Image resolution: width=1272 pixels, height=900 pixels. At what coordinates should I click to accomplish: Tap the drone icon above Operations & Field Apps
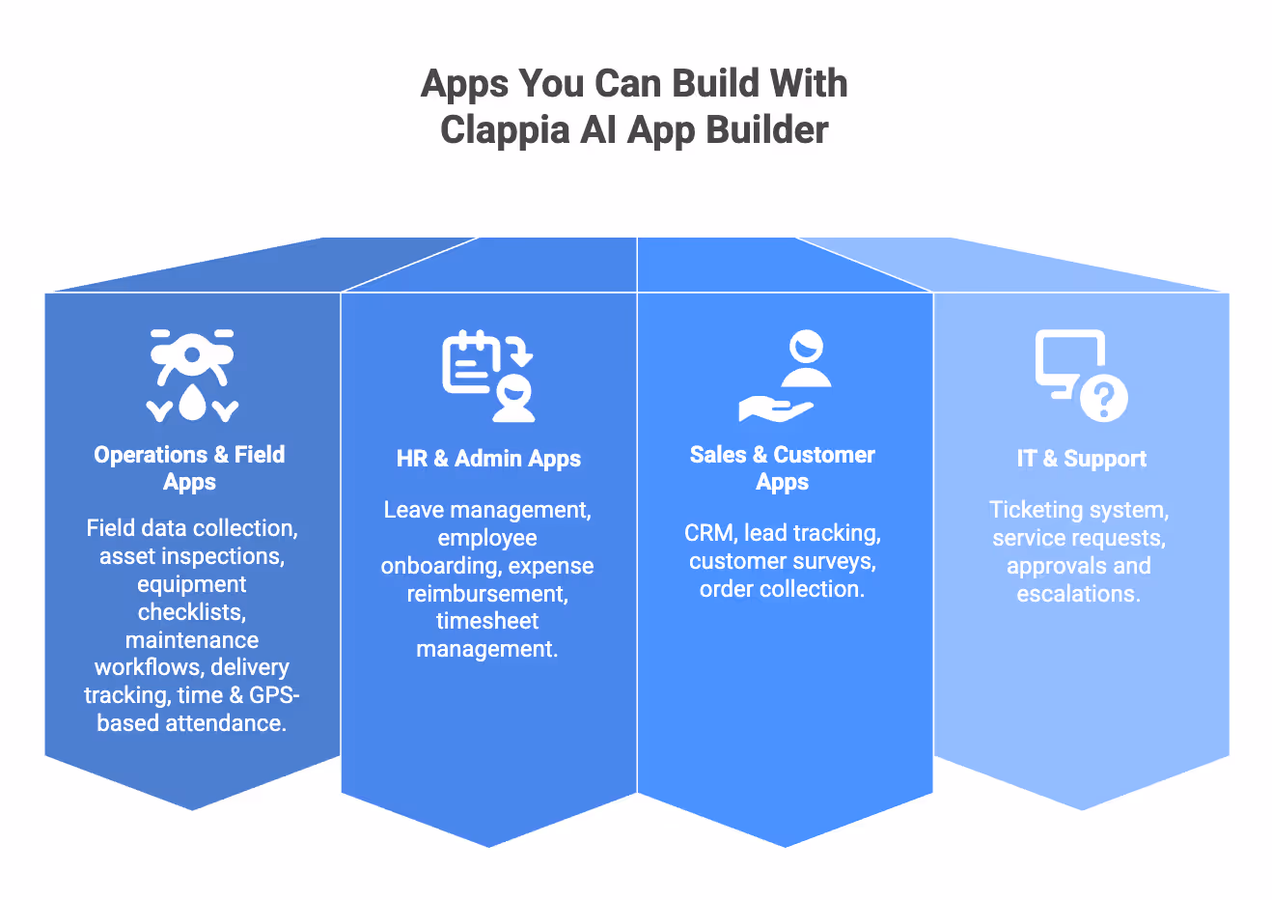(192, 375)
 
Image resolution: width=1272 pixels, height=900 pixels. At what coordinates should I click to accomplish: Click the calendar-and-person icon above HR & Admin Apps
(488, 376)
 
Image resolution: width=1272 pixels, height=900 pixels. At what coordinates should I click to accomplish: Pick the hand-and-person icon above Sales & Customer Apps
(784, 376)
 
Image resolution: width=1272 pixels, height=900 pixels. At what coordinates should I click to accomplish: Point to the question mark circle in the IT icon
(1103, 396)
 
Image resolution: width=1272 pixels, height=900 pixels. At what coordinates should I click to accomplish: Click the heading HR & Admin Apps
(488, 459)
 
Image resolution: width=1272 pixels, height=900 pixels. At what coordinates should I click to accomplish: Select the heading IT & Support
(1081, 459)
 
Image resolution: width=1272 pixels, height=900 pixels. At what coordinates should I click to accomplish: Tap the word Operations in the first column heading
(151, 455)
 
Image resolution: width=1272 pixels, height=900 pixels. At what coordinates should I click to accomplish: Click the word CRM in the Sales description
(709, 533)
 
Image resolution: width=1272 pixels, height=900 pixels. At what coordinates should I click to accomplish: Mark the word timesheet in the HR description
(487, 621)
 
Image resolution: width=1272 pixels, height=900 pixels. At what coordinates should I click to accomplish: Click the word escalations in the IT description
(1078, 594)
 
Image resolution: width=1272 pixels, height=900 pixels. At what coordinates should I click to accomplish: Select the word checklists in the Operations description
(192, 612)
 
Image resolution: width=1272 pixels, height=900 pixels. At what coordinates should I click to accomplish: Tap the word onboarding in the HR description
(439, 566)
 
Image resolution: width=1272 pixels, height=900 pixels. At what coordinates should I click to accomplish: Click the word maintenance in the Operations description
(192, 640)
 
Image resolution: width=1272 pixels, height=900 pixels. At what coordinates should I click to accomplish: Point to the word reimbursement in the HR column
(487, 594)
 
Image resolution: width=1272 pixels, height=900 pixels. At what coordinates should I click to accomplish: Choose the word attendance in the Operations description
(226, 723)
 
